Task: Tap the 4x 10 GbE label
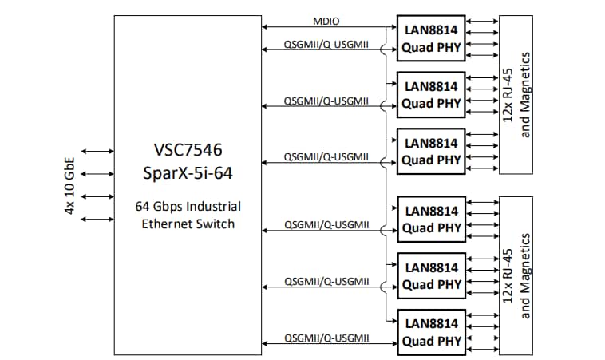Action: [71, 185]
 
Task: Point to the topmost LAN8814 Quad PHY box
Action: [431, 38]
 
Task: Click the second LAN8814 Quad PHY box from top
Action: [431, 94]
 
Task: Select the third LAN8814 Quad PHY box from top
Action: [431, 151]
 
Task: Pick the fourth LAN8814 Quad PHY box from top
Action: [431, 219]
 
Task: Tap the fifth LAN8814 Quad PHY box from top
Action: [431, 275]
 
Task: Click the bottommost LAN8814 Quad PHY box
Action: [431, 332]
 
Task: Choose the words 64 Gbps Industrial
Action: [188, 206]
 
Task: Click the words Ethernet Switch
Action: [188, 224]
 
